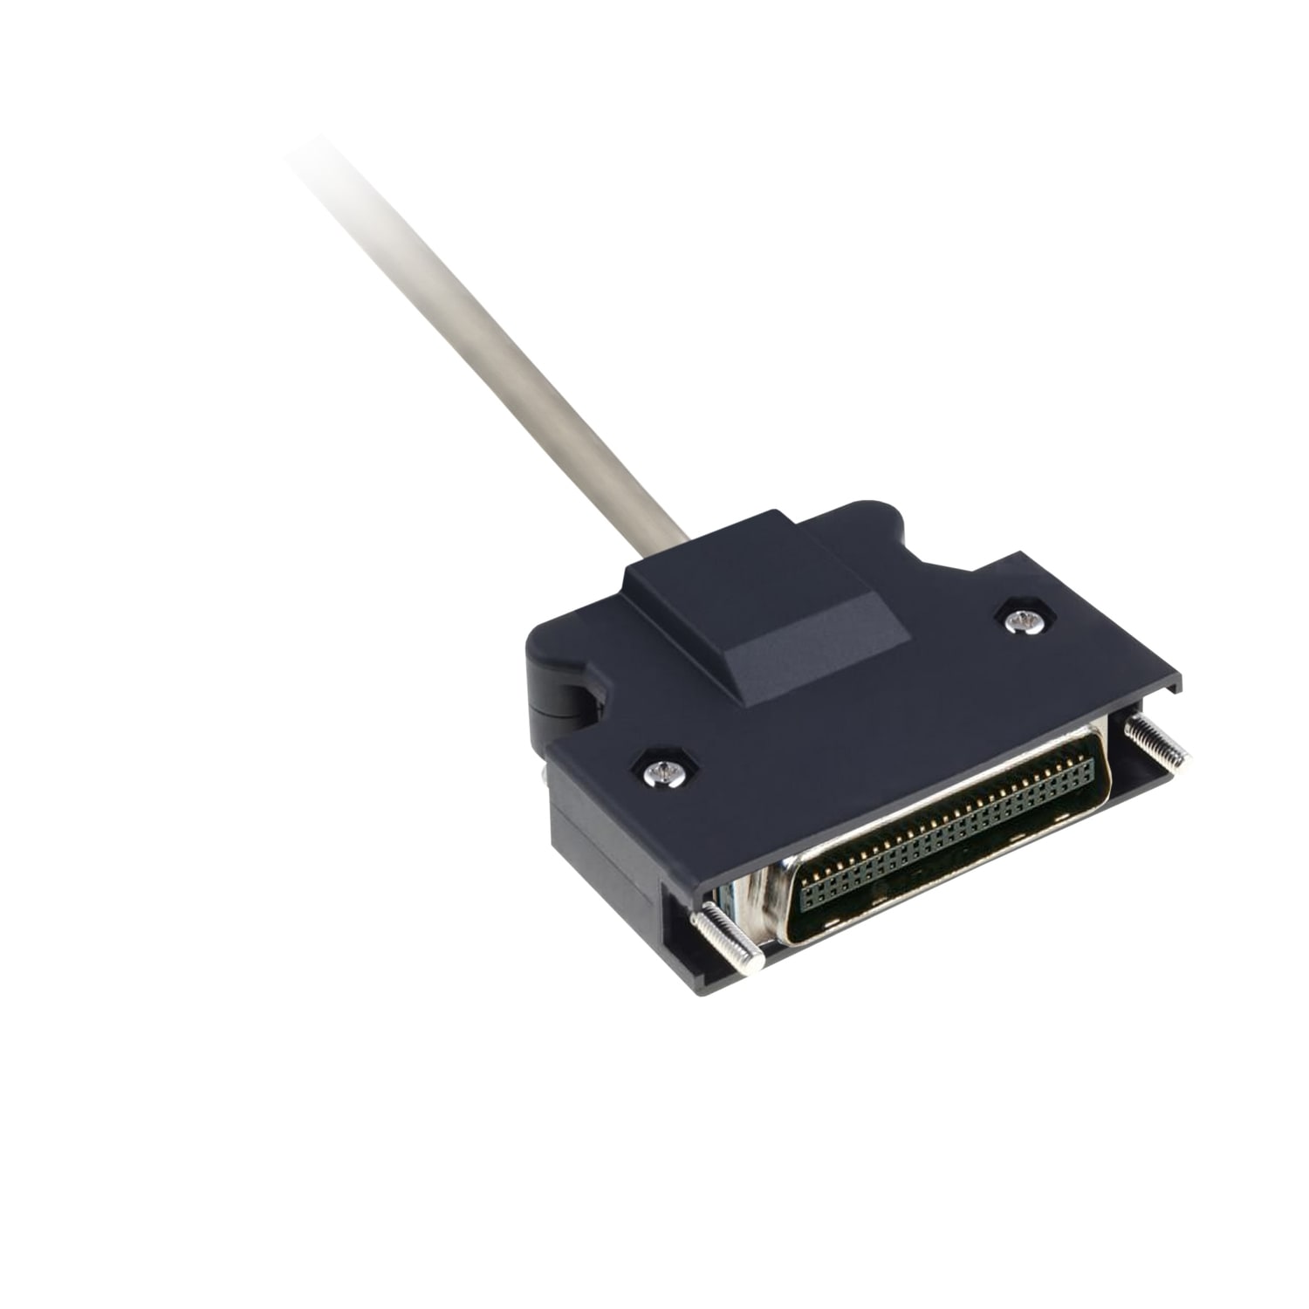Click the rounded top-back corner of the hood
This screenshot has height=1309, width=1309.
point(873,511)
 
